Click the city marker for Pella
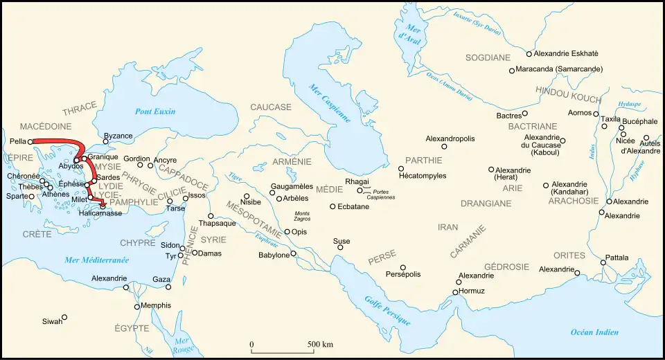[30, 141]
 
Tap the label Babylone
[274, 255]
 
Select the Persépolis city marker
[402, 267]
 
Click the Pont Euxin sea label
[155, 111]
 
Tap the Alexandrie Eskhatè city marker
[529, 53]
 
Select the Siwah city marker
[64, 318]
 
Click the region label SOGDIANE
[488, 57]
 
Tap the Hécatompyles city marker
[401, 168]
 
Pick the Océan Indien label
[594, 332]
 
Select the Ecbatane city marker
[332, 206]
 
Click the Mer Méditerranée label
[96, 260]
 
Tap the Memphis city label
[154, 305]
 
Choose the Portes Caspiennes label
[381, 194]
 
